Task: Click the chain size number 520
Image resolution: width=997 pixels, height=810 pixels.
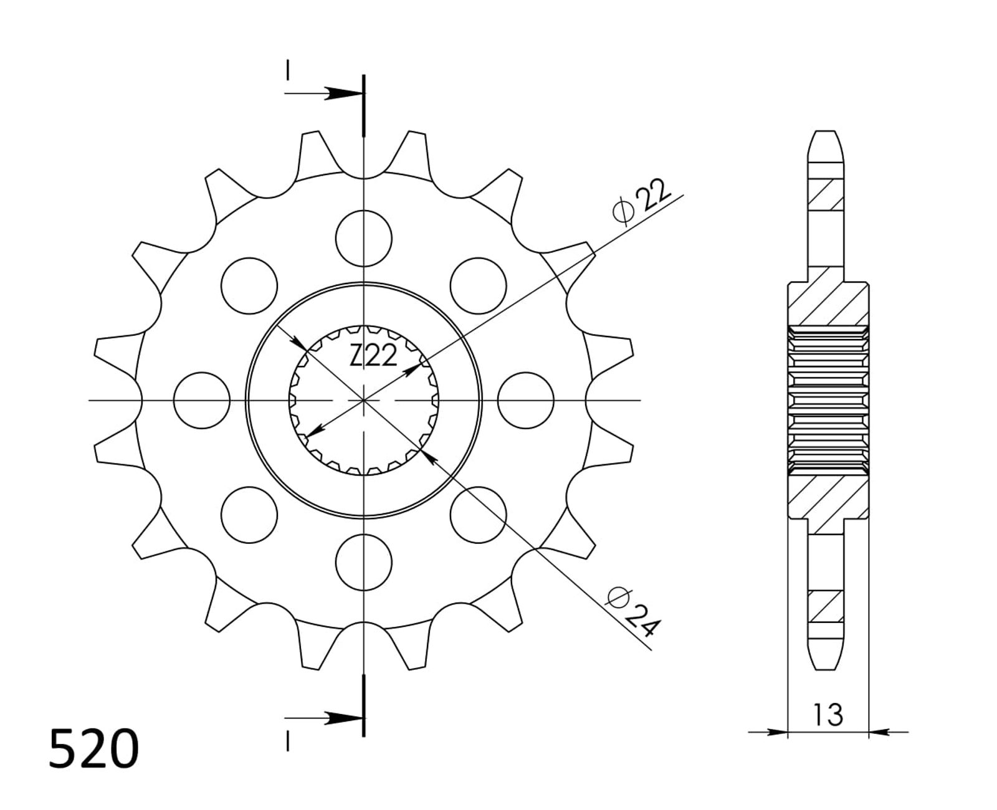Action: click(x=93, y=748)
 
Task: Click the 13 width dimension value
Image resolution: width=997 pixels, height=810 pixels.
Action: click(x=828, y=714)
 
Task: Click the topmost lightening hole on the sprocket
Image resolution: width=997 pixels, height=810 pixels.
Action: click(x=364, y=239)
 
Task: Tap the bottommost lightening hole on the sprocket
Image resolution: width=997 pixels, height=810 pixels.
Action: click(x=364, y=562)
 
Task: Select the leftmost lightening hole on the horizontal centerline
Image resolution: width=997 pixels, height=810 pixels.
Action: click(x=202, y=400)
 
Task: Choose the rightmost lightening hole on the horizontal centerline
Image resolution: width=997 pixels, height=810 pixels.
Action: click(x=526, y=400)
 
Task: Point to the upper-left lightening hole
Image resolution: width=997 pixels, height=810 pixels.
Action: click(x=249, y=285)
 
